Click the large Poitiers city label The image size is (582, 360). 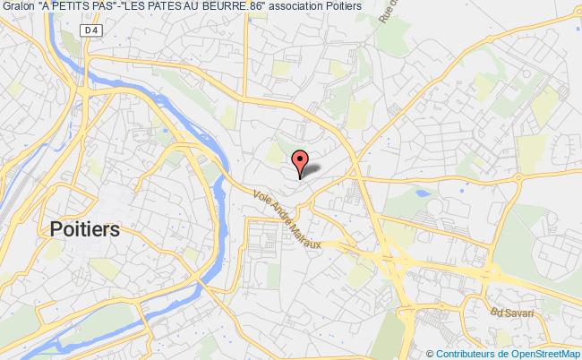pyautogui.click(x=85, y=228)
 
